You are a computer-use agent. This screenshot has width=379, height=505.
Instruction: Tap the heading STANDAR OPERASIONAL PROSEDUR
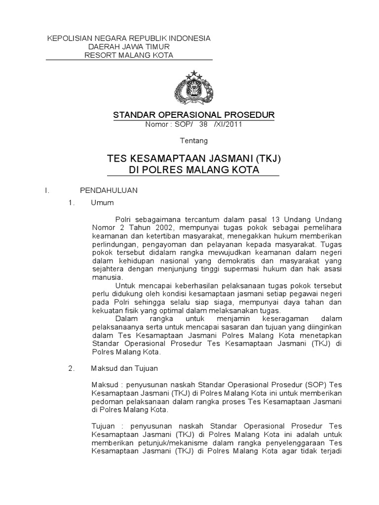coord(194,115)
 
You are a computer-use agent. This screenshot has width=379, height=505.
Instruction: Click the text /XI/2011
coord(228,125)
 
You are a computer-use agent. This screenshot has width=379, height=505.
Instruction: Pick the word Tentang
coord(194,141)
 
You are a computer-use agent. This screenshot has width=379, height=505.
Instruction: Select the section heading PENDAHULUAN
coord(109,190)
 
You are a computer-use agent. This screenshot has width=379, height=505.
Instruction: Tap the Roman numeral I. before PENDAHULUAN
coord(46,190)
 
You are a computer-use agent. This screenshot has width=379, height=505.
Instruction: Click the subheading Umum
coord(102,203)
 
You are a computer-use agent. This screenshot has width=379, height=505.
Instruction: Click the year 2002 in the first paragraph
coord(152,228)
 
